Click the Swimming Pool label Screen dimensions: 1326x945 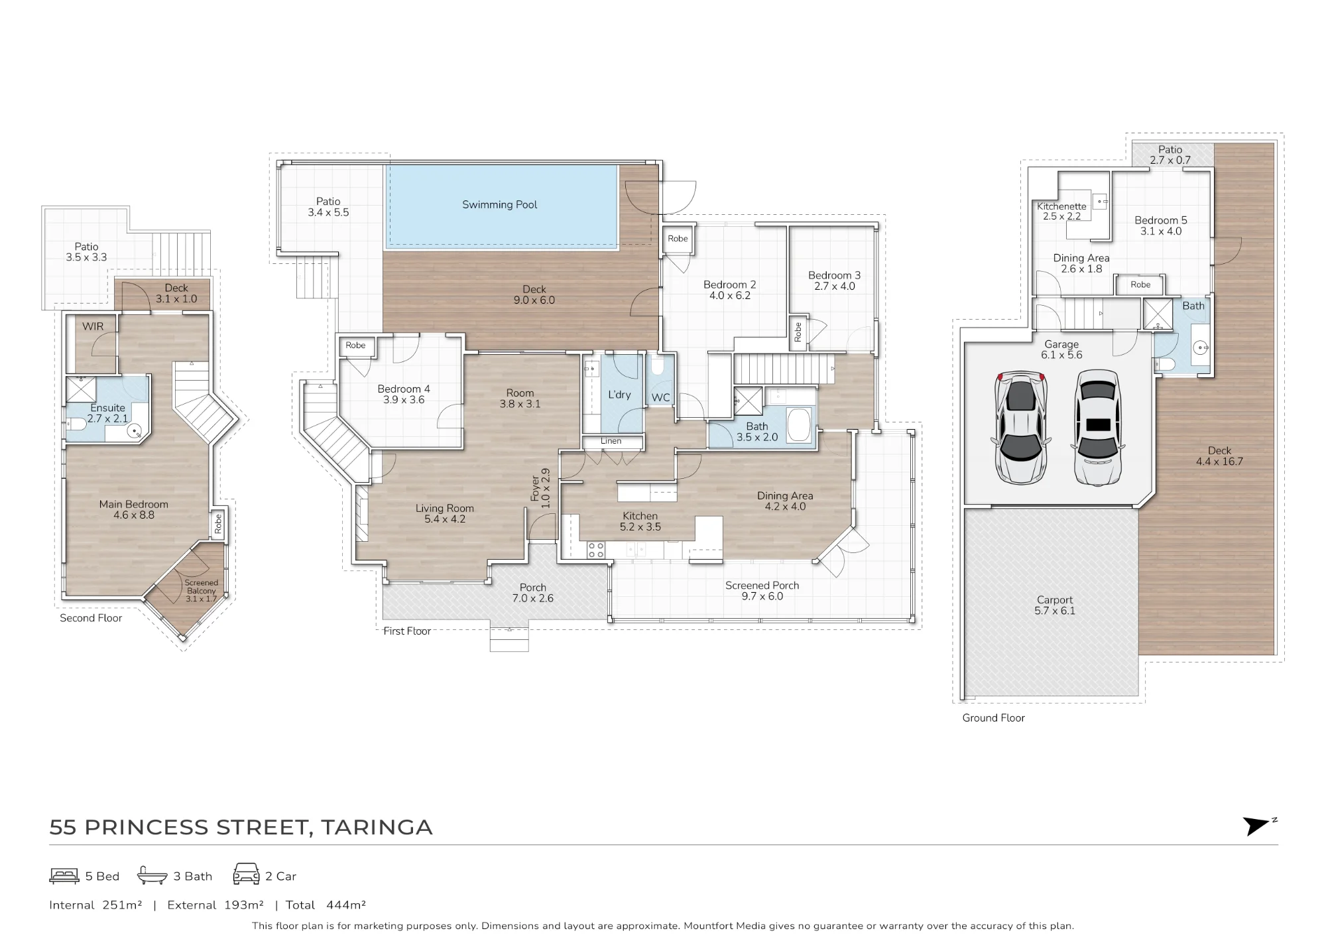coord(499,205)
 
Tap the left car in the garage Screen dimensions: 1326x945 coord(1020,428)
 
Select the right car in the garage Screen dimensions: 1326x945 coord(1098,427)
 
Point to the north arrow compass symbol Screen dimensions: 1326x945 coord(1258,826)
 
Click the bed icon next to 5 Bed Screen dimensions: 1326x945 coord(64,876)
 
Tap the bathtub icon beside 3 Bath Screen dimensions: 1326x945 coord(152,876)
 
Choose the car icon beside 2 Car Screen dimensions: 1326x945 coord(246,875)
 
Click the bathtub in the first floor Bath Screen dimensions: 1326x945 coord(798,424)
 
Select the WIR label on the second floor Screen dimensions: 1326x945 coord(93,326)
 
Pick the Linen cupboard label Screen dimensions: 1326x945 coord(611,441)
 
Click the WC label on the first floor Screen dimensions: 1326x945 coord(661,398)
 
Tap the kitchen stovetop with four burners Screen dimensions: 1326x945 coord(595,550)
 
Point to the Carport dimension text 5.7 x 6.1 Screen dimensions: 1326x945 coord(1055,611)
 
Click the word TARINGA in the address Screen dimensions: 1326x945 coord(377,828)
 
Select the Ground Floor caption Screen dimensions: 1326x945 coord(993,718)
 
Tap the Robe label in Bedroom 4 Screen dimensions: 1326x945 coord(355,346)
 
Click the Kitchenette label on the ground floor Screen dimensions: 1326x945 coord(1061,206)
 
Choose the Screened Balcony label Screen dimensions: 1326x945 coord(202,587)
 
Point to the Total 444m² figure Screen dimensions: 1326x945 coord(326,905)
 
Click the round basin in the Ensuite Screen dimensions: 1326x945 coord(135,431)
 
